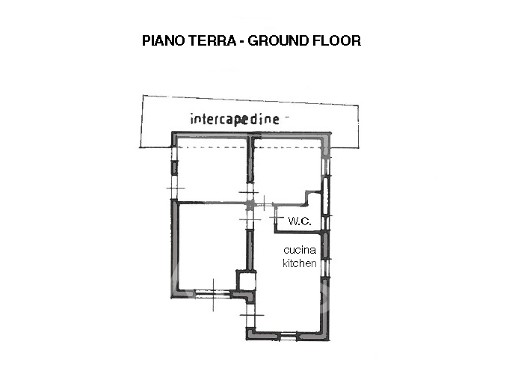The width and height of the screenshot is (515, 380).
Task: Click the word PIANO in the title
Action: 161,40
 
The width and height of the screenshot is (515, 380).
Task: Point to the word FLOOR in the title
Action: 337,40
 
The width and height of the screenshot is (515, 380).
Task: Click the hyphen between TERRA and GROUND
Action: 241,40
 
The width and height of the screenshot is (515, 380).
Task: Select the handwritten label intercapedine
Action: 234,119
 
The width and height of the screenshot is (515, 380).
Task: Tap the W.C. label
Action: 299,221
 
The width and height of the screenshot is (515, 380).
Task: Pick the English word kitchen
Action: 299,263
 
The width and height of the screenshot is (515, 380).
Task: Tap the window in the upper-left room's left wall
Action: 175,168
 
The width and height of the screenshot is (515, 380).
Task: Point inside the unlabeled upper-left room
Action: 212,171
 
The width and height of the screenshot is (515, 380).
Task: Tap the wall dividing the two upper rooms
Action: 251,161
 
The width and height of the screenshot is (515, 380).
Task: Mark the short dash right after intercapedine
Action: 287,117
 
